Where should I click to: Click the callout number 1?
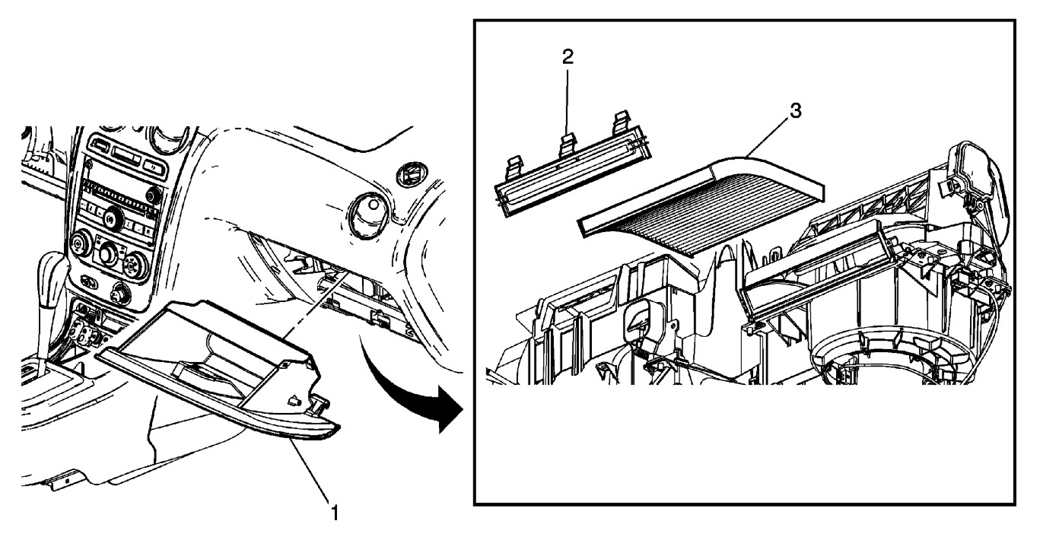click(x=333, y=513)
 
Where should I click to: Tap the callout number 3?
click(x=794, y=111)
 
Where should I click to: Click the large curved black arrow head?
click(x=449, y=417)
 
